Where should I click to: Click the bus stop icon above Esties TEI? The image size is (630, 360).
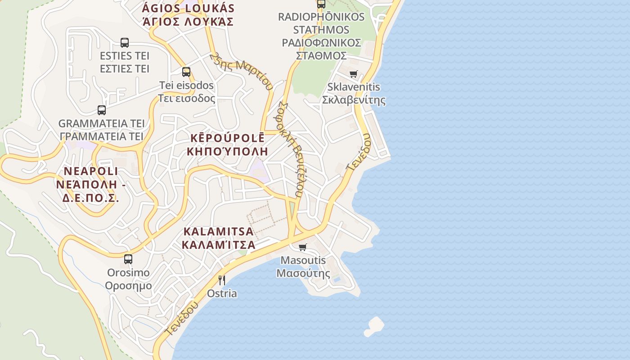coord(125,43)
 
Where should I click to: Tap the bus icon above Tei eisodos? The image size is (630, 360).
coord(186,72)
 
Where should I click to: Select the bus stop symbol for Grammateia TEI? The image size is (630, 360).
coord(102,110)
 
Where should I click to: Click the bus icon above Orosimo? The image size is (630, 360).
coord(128,259)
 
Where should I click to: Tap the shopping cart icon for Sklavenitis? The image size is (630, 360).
coord(354,74)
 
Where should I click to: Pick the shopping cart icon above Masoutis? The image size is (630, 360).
coord(303,247)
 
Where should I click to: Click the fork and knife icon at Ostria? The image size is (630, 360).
coord(221,280)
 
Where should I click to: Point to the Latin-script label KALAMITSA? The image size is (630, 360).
coord(218,232)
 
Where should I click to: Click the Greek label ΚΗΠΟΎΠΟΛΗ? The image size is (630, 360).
coord(227,151)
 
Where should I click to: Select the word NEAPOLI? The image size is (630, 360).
coord(91,171)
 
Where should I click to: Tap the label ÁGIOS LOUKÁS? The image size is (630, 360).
coord(188,8)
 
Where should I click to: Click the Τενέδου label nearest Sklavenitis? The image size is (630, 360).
coord(358,152)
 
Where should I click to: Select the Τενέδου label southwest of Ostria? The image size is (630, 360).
coord(181,319)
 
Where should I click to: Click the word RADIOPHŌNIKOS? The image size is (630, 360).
coord(321,17)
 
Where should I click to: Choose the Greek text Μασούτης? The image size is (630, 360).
coord(303,273)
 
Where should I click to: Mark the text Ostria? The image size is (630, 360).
coord(221,294)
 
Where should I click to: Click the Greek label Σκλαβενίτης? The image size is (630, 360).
coord(354,100)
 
